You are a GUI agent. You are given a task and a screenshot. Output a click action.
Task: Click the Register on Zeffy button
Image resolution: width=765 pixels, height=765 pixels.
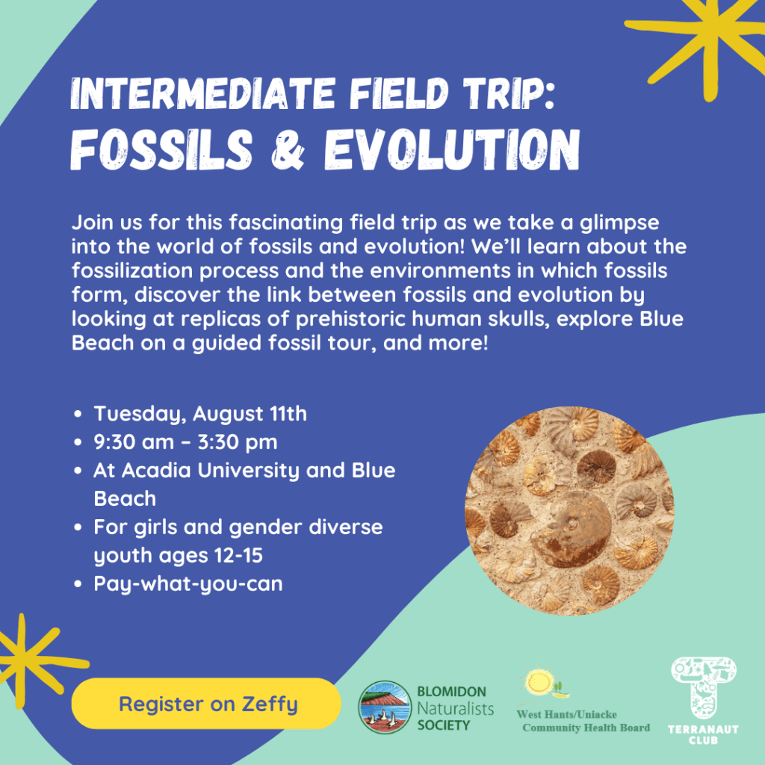pyautogui.click(x=206, y=704)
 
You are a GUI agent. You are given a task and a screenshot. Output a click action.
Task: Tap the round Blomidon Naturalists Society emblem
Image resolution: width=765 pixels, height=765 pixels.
pyautogui.click(x=385, y=707)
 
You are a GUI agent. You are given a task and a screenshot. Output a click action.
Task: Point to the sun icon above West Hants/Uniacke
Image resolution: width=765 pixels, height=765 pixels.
pyautogui.click(x=539, y=680)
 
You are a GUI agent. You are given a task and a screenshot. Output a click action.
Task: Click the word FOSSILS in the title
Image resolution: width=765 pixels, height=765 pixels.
pyautogui.click(x=161, y=149)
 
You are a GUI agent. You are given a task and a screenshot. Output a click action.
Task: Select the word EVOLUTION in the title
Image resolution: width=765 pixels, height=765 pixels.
pyautogui.click(x=452, y=149)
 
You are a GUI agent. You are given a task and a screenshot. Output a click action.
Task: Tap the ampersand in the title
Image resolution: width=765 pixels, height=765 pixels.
pyautogui.click(x=288, y=149)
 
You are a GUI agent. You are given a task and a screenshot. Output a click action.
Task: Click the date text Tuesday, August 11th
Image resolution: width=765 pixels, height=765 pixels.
pyautogui.click(x=200, y=414)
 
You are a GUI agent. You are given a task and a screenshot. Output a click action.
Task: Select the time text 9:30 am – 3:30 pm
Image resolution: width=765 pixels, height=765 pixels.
pyautogui.click(x=185, y=442)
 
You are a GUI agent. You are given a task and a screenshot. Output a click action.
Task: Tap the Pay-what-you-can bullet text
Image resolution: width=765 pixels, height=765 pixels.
pyautogui.click(x=188, y=584)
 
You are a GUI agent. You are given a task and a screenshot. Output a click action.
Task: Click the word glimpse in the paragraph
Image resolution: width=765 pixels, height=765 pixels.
pyautogui.click(x=619, y=223)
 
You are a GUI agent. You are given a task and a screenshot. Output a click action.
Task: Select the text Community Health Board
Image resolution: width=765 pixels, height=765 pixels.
pyautogui.click(x=586, y=728)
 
